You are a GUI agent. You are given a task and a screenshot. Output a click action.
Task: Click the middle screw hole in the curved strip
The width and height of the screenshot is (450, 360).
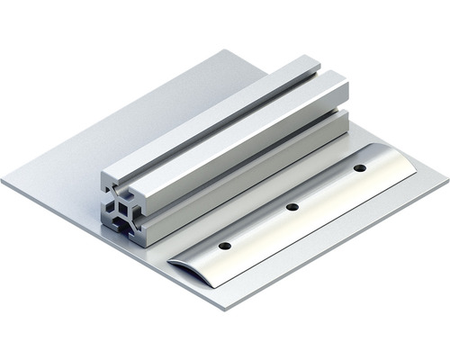pos(292,207)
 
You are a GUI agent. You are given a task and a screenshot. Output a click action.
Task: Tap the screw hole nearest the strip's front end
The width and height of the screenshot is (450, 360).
pos(225,245)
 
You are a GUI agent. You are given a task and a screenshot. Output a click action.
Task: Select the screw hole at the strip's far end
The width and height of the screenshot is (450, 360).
pos(359,168)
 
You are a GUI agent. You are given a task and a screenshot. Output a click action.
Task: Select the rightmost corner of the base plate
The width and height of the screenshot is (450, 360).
pos(446,176)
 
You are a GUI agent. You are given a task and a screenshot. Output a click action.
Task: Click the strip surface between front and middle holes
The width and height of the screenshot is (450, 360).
pos(259,227)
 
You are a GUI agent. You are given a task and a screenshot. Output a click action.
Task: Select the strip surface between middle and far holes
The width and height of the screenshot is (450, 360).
pos(326,188)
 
